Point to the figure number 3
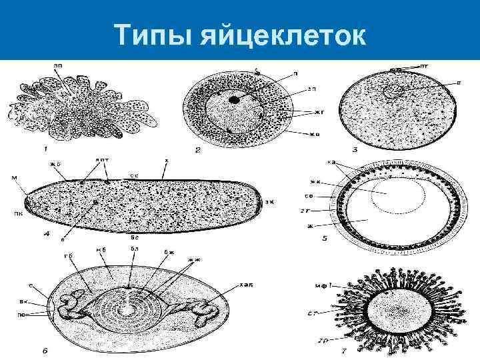coord(354,150)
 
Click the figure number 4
coord(45,235)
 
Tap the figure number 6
coord(44,352)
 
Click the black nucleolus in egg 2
coord(234,99)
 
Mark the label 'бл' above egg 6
coord(133,249)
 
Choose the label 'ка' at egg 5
coord(331,162)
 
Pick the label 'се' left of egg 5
coord(328,196)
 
